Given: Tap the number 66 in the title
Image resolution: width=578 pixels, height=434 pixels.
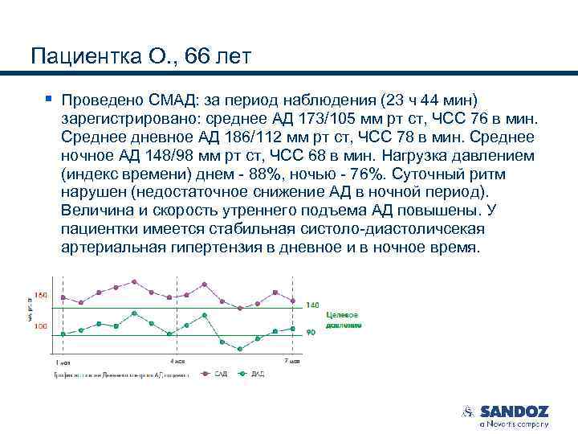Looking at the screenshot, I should tap(197, 56).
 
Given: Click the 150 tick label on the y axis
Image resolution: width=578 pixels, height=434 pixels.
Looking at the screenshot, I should tap(40, 295).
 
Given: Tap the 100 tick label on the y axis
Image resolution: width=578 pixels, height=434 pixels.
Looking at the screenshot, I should tap(40, 325).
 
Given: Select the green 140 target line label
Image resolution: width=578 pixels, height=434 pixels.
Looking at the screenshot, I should tap(312, 305).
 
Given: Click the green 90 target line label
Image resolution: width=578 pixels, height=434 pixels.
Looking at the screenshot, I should tap(311, 332).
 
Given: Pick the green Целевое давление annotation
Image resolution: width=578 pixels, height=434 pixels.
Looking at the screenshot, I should tap(344, 320).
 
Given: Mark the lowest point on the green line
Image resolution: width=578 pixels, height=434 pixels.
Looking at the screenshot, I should tap(240, 349).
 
